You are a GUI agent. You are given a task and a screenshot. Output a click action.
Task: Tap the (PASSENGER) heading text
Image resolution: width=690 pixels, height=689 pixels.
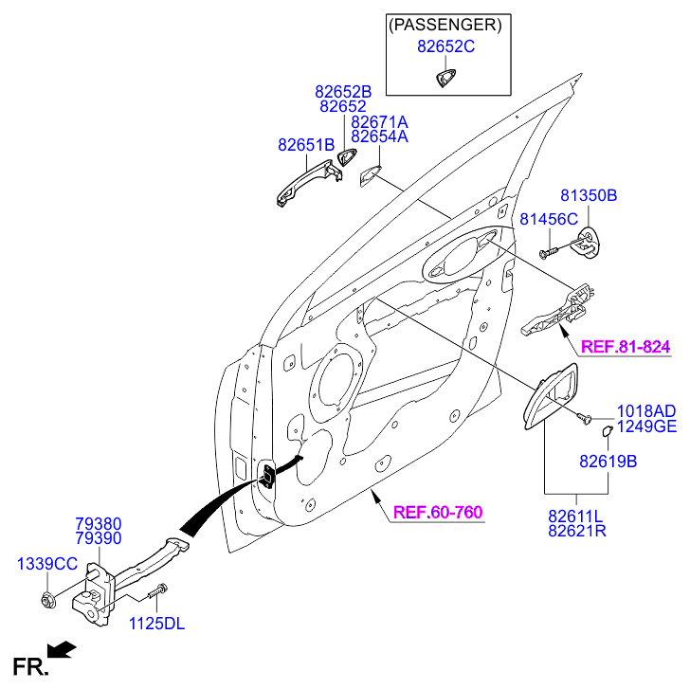pyautogui.click(x=445, y=23)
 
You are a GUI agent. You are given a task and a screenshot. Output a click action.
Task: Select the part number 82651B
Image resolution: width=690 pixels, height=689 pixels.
pyautogui.click(x=306, y=145)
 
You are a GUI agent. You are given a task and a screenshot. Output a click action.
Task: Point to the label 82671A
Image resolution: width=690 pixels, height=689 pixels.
pyautogui.click(x=379, y=122)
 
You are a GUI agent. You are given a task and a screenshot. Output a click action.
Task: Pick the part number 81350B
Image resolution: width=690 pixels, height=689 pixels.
pyautogui.click(x=588, y=196)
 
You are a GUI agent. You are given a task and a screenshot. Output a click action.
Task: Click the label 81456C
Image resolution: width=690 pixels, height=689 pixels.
pyautogui.click(x=548, y=219)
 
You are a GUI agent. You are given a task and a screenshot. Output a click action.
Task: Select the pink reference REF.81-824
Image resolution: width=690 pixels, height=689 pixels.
pyautogui.click(x=625, y=347)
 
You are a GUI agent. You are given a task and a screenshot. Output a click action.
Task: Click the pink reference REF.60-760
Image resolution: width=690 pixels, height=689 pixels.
pyautogui.click(x=438, y=513)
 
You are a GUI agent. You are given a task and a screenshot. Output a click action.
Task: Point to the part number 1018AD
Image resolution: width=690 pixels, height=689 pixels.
pyautogui.click(x=645, y=410)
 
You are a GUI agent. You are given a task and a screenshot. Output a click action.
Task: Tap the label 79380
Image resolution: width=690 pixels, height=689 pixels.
pyautogui.click(x=99, y=522)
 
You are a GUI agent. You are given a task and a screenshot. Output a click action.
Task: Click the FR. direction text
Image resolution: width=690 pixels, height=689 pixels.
pyautogui.click(x=29, y=667)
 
